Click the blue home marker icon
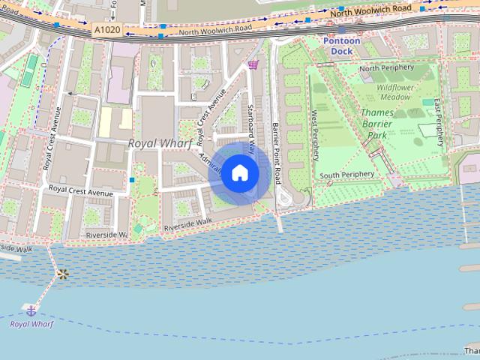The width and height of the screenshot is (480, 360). (239, 173)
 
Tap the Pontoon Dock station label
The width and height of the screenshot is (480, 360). (341, 46)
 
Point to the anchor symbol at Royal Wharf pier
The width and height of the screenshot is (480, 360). (31, 310)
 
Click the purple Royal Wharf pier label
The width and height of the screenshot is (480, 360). (31, 324)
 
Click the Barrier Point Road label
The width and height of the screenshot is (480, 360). (277, 153)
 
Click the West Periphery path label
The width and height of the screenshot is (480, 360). (314, 136)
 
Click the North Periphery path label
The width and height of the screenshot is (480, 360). (387, 69)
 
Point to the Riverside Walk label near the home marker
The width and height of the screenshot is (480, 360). (188, 223)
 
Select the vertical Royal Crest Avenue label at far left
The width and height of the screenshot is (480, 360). (53, 139)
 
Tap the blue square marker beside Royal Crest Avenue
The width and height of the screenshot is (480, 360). (132, 180)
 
